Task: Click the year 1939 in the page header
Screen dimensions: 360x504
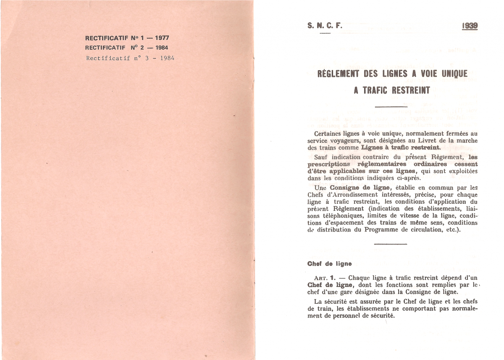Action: click(x=470, y=26)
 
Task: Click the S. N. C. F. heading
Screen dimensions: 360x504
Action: click(x=325, y=26)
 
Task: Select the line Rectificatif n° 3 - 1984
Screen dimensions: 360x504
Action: click(x=130, y=58)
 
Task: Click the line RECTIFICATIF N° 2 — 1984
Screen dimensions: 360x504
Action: click(x=127, y=48)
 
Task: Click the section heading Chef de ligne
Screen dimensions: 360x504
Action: click(x=329, y=264)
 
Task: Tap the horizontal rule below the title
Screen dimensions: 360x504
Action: click(x=390, y=107)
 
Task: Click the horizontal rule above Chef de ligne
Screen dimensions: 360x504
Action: click(x=390, y=244)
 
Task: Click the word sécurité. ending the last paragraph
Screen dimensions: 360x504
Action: click(x=381, y=315)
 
